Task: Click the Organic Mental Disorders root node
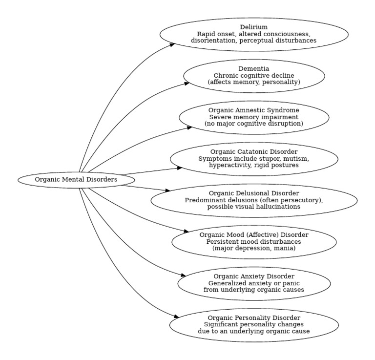click(76, 180)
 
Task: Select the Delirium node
click(254, 34)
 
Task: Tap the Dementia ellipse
click(254, 76)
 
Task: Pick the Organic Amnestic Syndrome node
click(254, 117)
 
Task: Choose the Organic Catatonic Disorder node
click(254, 159)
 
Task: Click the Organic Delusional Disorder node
click(254, 200)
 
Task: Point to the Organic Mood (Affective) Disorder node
click(254, 242)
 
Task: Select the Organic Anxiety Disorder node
click(254, 283)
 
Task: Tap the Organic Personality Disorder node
click(254, 325)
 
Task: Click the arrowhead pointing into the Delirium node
click(172, 44)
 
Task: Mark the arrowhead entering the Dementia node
click(187, 84)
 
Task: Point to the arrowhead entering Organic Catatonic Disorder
click(179, 168)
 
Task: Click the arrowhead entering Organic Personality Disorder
click(176, 317)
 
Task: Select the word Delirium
click(254, 27)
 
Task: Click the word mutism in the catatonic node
click(298, 159)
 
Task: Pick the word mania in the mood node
click(285, 249)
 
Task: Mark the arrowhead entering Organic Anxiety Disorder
click(183, 276)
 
